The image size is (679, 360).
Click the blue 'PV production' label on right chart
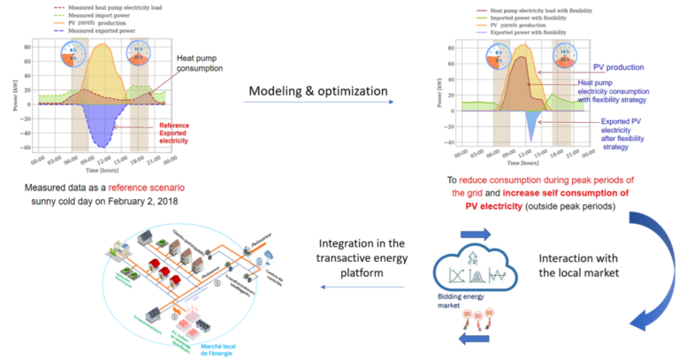click(617, 66)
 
